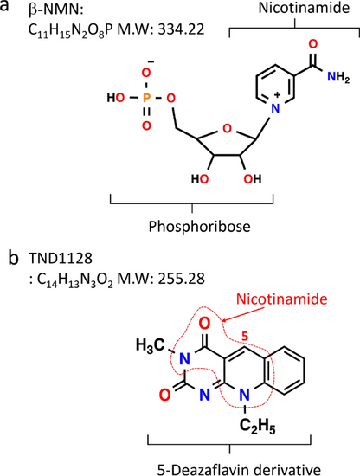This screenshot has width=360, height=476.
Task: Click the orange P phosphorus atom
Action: point(146,98)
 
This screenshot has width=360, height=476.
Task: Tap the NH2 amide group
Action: point(338,77)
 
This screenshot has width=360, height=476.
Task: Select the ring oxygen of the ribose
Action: point(227,129)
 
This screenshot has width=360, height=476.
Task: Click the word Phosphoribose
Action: point(199,227)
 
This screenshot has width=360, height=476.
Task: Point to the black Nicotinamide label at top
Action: point(304,8)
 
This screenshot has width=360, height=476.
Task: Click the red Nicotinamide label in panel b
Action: point(282,299)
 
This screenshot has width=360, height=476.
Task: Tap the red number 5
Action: point(245,337)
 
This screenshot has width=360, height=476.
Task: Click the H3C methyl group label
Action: point(151,345)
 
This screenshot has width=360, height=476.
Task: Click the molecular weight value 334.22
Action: point(181,29)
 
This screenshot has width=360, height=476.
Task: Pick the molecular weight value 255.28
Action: point(181,279)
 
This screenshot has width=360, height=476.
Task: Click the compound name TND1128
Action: point(61,259)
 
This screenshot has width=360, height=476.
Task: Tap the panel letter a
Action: point(4,6)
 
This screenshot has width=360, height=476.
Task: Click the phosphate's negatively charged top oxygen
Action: point(146,72)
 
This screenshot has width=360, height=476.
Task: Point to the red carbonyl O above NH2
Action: point(313,44)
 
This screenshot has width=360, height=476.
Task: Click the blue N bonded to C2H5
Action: point(244,395)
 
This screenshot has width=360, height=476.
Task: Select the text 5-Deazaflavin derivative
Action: point(239,469)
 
